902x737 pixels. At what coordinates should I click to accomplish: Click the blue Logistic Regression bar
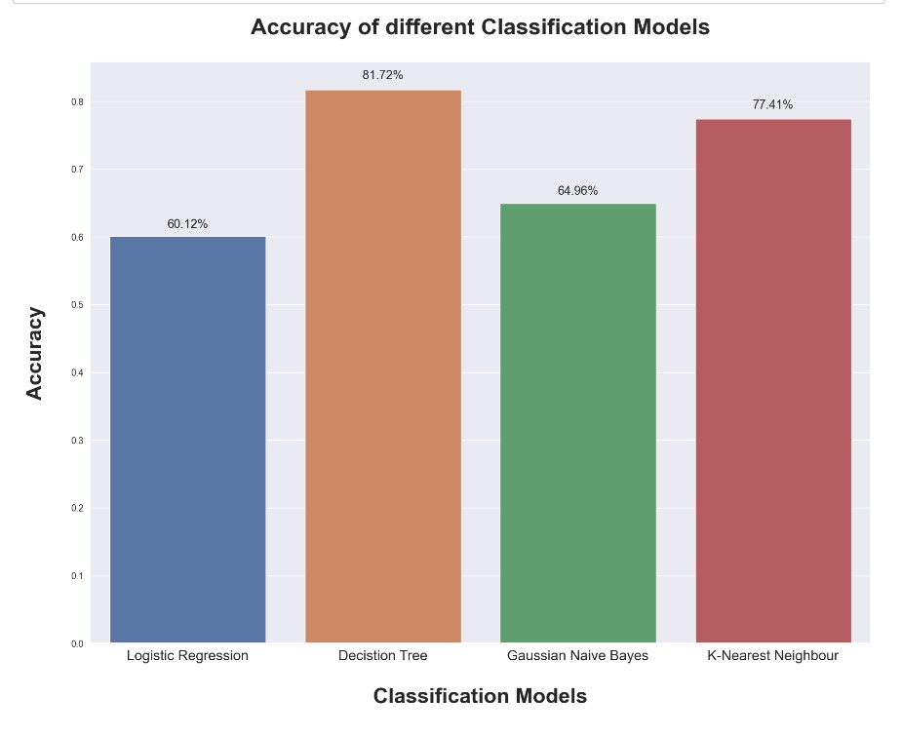tap(187, 439)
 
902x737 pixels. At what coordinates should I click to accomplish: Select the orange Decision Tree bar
tap(382, 366)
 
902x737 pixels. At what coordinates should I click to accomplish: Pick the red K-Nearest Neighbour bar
tap(773, 380)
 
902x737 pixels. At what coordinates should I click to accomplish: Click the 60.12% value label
tap(187, 224)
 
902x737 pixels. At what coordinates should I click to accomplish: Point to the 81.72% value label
tap(382, 75)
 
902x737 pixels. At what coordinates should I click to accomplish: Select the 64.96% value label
tap(577, 191)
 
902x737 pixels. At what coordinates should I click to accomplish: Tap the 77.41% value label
tap(772, 104)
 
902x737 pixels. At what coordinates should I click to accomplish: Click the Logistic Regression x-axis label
tap(187, 656)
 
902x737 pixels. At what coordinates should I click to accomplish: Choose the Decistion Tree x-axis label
tap(382, 656)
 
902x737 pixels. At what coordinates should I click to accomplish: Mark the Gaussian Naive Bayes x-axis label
tap(577, 656)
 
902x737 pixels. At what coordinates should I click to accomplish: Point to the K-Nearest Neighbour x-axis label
tap(772, 656)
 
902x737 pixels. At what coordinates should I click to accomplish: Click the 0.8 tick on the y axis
tap(77, 102)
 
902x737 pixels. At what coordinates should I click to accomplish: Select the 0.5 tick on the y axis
tap(77, 305)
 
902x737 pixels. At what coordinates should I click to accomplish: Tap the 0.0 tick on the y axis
tap(77, 644)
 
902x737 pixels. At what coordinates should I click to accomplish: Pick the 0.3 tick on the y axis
tap(77, 441)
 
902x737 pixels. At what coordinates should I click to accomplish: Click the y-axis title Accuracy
tap(35, 353)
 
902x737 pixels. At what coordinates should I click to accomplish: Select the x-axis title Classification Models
tap(480, 696)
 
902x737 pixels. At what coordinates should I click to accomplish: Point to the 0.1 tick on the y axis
tap(77, 576)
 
